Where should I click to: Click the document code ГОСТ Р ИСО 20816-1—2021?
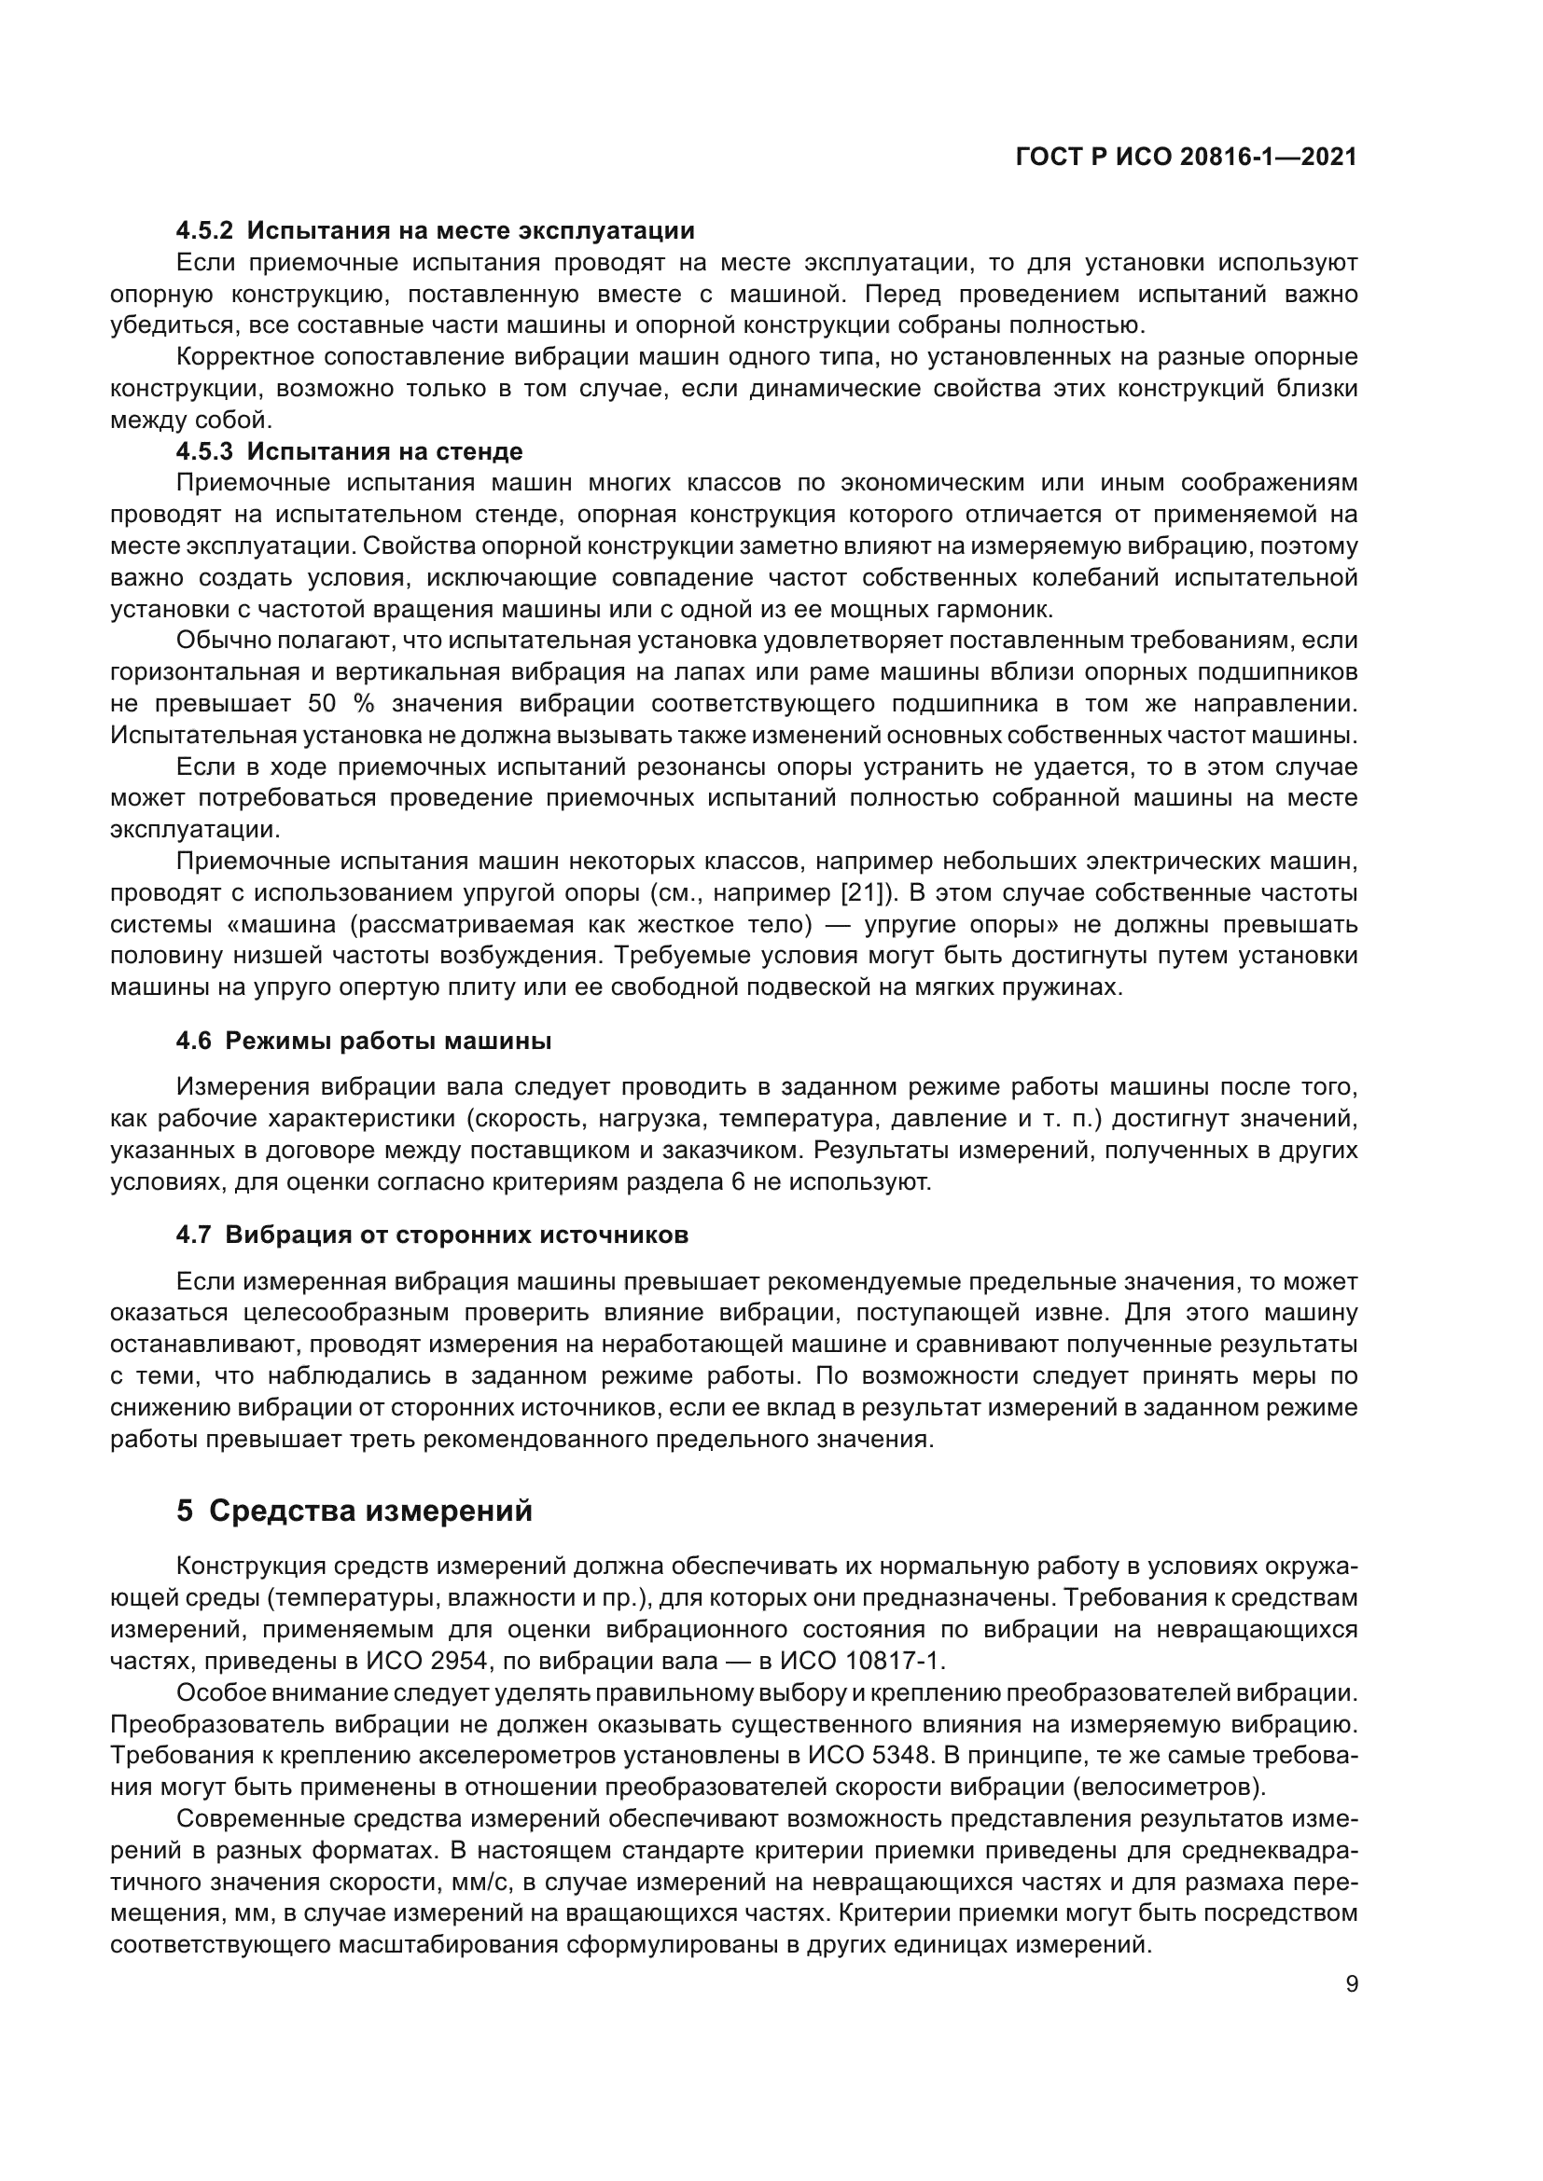pos(1186,157)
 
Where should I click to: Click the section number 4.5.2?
pos(204,230)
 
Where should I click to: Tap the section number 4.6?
pos(194,1041)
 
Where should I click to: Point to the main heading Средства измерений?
pos(370,1512)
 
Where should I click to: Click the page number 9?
pos(1352,1984)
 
